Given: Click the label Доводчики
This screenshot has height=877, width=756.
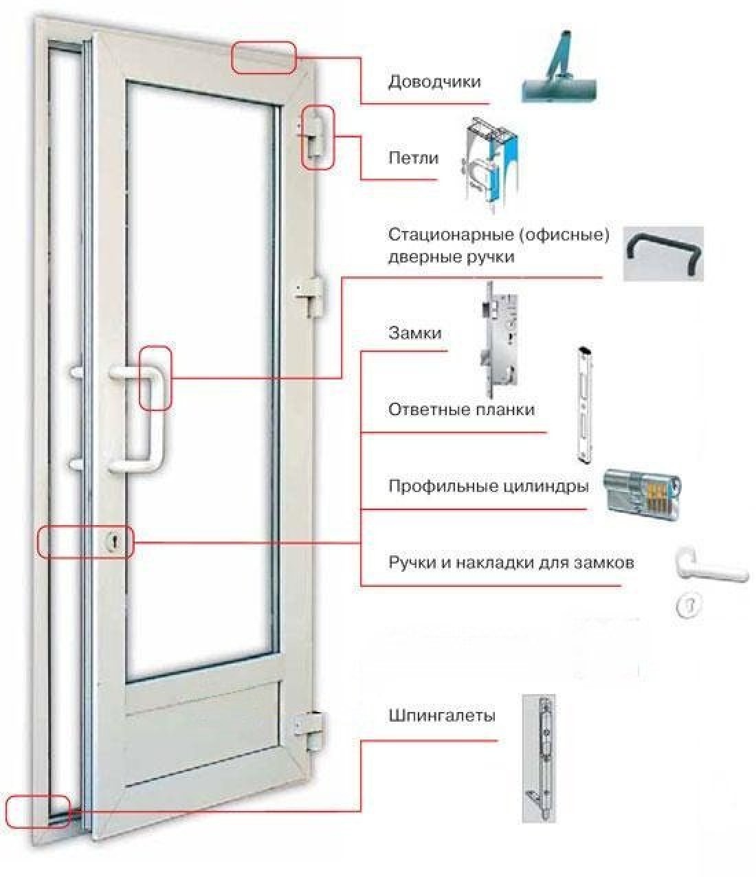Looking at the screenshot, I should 434,82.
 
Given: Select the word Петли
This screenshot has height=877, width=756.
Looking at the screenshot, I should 413,159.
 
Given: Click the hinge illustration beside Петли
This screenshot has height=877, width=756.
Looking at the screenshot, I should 489,162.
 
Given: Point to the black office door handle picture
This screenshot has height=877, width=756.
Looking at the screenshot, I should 664,253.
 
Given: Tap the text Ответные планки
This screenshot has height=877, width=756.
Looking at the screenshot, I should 461,410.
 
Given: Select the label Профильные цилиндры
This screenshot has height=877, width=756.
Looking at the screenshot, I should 488,487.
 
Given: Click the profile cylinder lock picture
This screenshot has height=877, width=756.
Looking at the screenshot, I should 643,490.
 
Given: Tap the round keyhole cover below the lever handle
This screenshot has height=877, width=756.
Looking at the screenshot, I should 689,606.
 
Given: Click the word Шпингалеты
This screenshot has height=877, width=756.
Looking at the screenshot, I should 441,716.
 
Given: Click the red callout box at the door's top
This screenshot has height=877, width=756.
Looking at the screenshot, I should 263,57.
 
